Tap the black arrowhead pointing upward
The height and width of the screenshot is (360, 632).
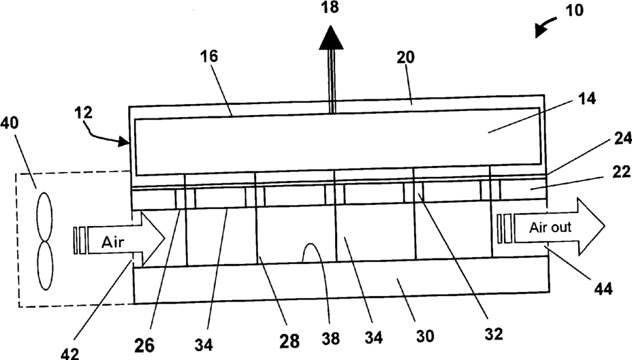[x=330, y=39]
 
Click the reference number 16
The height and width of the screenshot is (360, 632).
[x=209, y=56]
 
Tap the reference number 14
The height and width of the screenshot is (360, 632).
[x=586, y=100]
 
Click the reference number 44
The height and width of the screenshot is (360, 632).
[x=603, y=289]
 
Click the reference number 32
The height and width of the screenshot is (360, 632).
[x=494, y=334]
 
